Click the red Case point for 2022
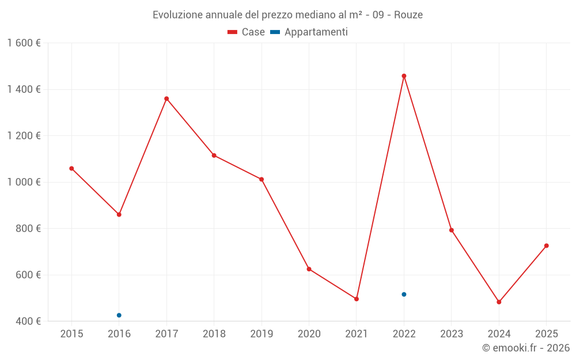pos(404,76)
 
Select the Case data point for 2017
pos(166,98)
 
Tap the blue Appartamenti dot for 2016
pos(119,315)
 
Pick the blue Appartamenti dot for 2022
pos(404,294)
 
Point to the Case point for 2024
pos(499,302)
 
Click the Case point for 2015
pos(71,168)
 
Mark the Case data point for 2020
pos(309,269)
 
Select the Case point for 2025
pos(546,246)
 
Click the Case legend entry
pos(247,32)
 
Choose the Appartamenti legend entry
pos(309,32)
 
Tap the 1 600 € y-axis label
pos(24,43)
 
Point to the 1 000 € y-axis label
pos(24,182)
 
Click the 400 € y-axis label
pos(28,321)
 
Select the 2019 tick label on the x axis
pos(262,334)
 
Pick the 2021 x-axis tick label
pos(357,334)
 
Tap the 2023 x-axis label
pos(451,334)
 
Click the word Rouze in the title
pos(408,15)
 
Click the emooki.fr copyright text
pos(526,348)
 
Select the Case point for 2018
pos(214,156)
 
